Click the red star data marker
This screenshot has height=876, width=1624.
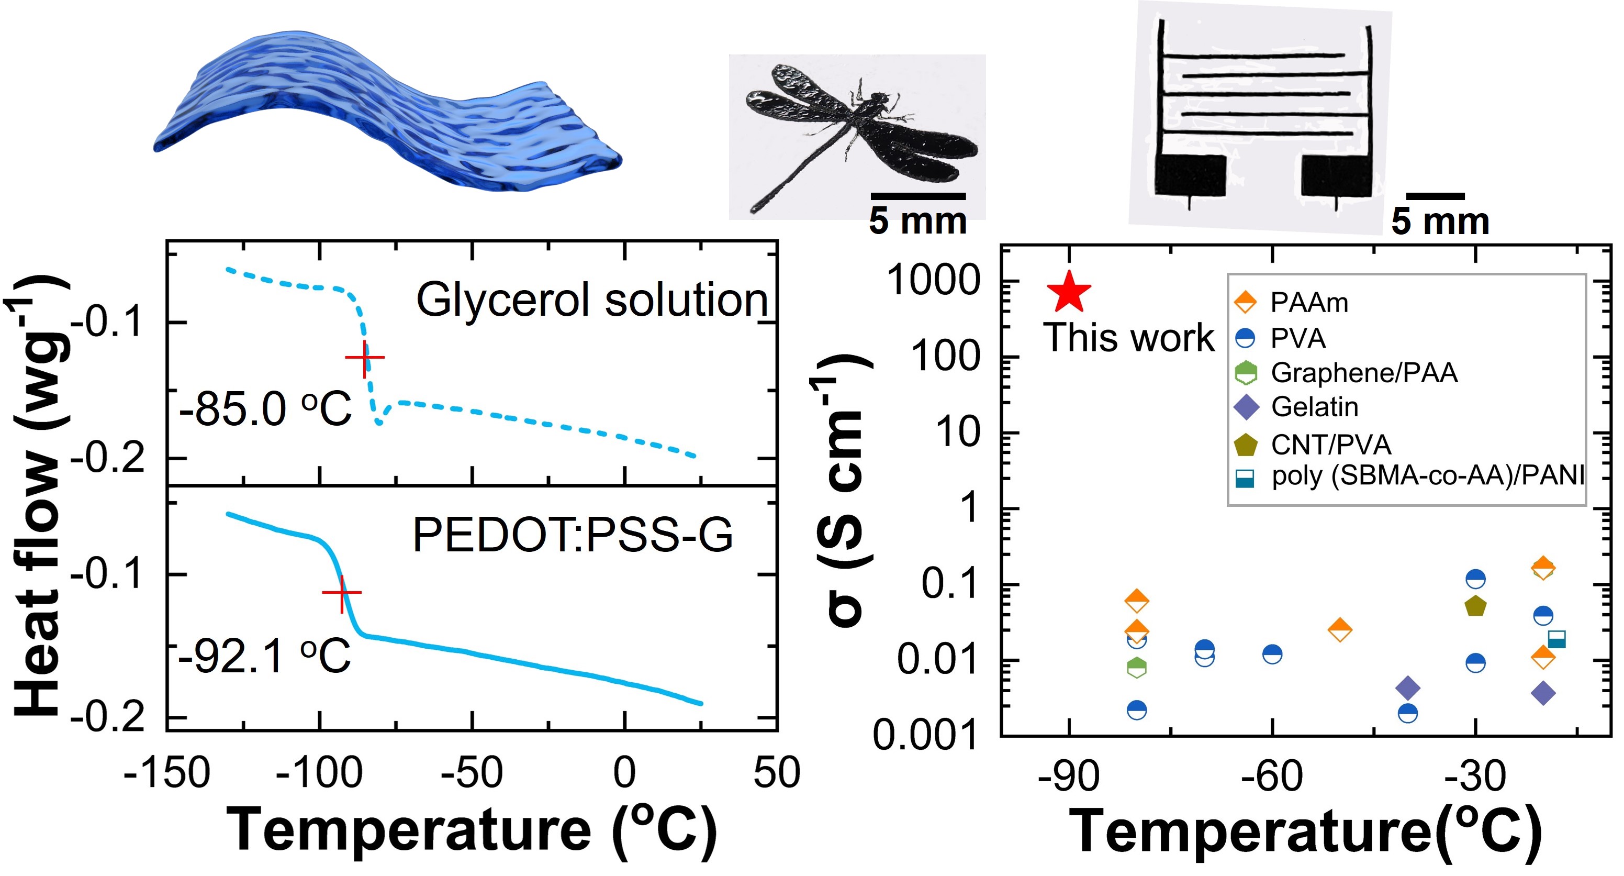1069,292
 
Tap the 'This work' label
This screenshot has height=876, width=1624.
1128,337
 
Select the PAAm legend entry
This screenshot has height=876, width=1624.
1291,303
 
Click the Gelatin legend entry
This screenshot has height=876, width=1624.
1295,407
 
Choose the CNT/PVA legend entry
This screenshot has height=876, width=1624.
1312,445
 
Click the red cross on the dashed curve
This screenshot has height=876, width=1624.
364,358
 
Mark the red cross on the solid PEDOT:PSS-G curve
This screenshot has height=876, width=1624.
342,593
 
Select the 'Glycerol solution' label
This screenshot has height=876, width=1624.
591,300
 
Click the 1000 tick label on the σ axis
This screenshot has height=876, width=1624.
934,280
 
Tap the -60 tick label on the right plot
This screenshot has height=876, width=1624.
1272,777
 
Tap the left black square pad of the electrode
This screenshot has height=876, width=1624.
1190,175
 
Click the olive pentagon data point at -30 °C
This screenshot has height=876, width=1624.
1475,606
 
